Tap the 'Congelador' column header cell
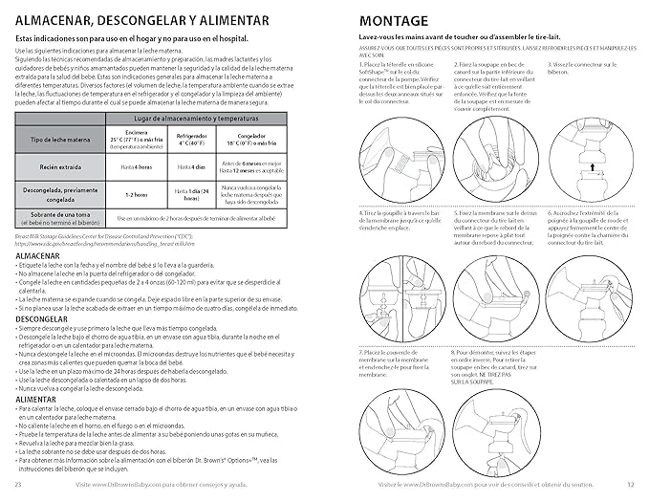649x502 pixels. coord(259,140)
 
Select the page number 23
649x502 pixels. coord(19,486)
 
